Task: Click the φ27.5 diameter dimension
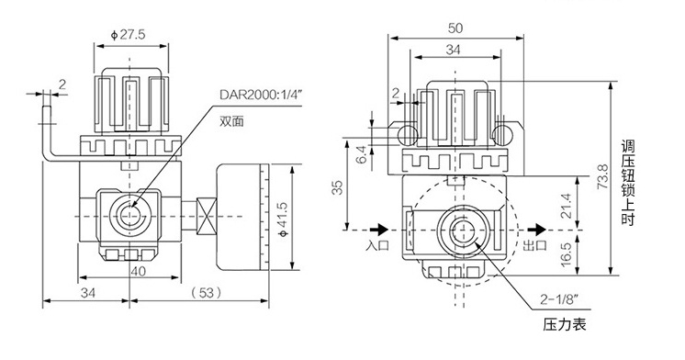click(x=128, y=35)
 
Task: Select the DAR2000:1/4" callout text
click(x=261, y=96)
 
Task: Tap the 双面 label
click(x=231, y=121)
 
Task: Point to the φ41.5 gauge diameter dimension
click(x=283, y=219)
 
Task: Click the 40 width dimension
click(x=138, y=271)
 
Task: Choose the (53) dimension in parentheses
click(x=206, y=292)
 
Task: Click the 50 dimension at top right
click(x=455, y=28)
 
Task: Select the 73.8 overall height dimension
click(x=602, y=176)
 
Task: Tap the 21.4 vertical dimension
click(x=566, y=206)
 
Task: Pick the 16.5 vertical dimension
click(x=566, y=254)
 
